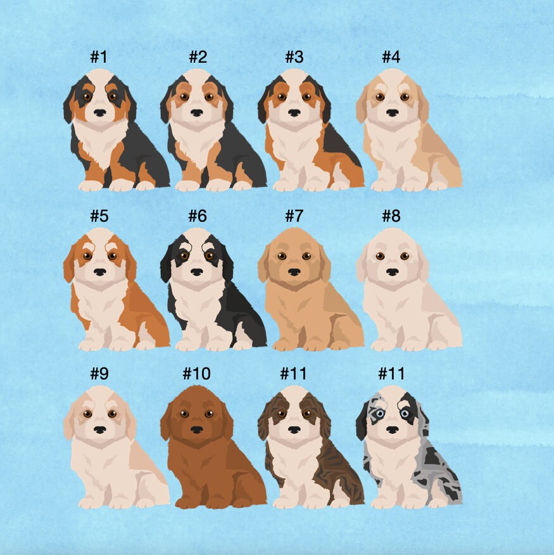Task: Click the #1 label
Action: [99, 56]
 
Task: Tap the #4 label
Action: [391, 56]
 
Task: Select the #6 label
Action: [198, 215]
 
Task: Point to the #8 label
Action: [391, 215]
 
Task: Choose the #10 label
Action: [197, 373]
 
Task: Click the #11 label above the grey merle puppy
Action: [391, 373]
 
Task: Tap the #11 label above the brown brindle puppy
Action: [293, 373]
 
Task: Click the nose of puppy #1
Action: [100, 113]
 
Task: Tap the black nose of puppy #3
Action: [294, 113]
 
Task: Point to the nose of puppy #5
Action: [100, 272]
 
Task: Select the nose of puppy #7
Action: [294, 272]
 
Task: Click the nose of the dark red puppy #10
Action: [197, 430]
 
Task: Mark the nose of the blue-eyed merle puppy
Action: [392, 430]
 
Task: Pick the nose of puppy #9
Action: [100, 430]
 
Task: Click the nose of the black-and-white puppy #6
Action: [197, 272]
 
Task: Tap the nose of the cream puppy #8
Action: [392, 272]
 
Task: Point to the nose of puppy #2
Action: [197, 113]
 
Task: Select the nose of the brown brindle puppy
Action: [294, 430]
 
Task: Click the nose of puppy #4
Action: [392, 113]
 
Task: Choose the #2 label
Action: [198, 56]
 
